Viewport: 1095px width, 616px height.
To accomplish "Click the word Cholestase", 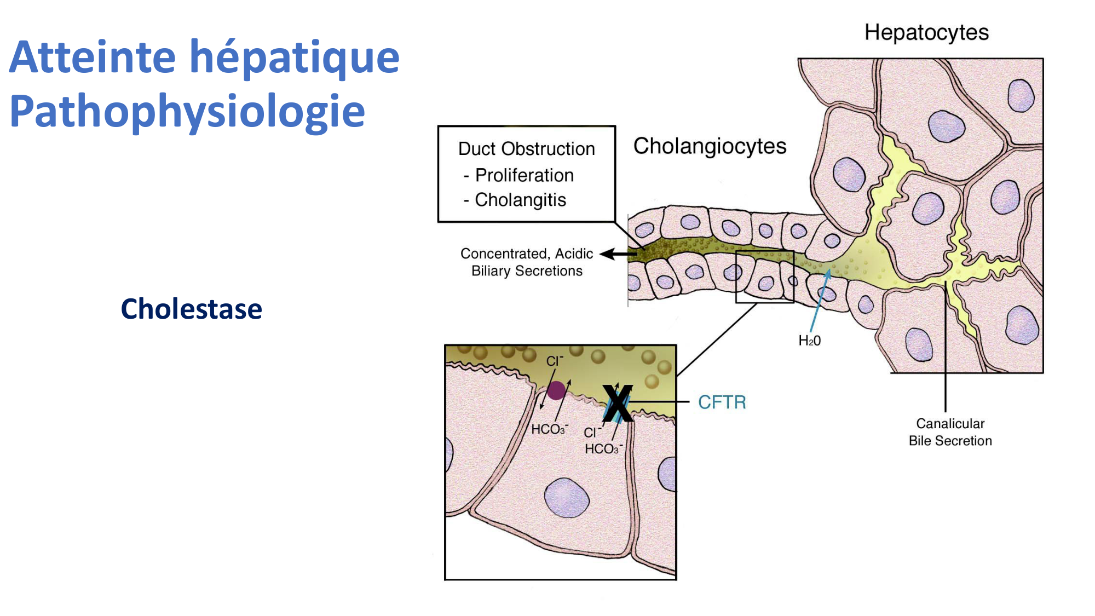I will point(191,309).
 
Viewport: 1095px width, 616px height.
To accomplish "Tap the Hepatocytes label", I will point(926,33).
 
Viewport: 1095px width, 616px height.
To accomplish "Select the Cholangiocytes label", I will point(710,147).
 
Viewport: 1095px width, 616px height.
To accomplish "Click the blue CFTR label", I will point(722,402).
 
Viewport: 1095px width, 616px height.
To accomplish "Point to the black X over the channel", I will point(617,403).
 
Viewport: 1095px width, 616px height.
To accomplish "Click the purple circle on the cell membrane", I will point(556,390).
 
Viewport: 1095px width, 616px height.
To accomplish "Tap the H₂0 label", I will point(809,341).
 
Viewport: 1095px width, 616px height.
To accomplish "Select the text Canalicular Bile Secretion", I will point(950,432).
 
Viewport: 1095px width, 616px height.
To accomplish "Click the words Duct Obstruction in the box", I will point(526,149).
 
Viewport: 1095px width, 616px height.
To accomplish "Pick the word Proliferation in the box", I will point(524,175).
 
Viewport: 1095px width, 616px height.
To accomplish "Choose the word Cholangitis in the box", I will point(520,200).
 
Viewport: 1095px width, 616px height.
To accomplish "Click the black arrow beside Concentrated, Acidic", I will point(619,254).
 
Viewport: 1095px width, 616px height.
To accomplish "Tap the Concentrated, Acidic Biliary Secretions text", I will point(527,262).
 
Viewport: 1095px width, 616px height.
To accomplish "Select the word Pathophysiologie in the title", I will point(187,112).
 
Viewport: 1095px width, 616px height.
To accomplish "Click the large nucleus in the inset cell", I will point(567,497).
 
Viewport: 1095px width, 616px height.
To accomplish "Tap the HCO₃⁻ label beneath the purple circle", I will point(549,429).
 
